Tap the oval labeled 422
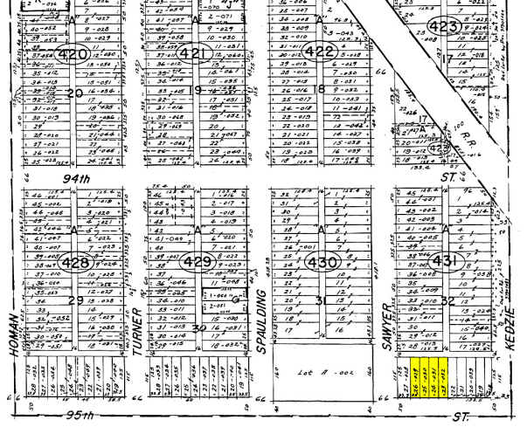321,52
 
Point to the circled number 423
444,27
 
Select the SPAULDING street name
260,309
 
